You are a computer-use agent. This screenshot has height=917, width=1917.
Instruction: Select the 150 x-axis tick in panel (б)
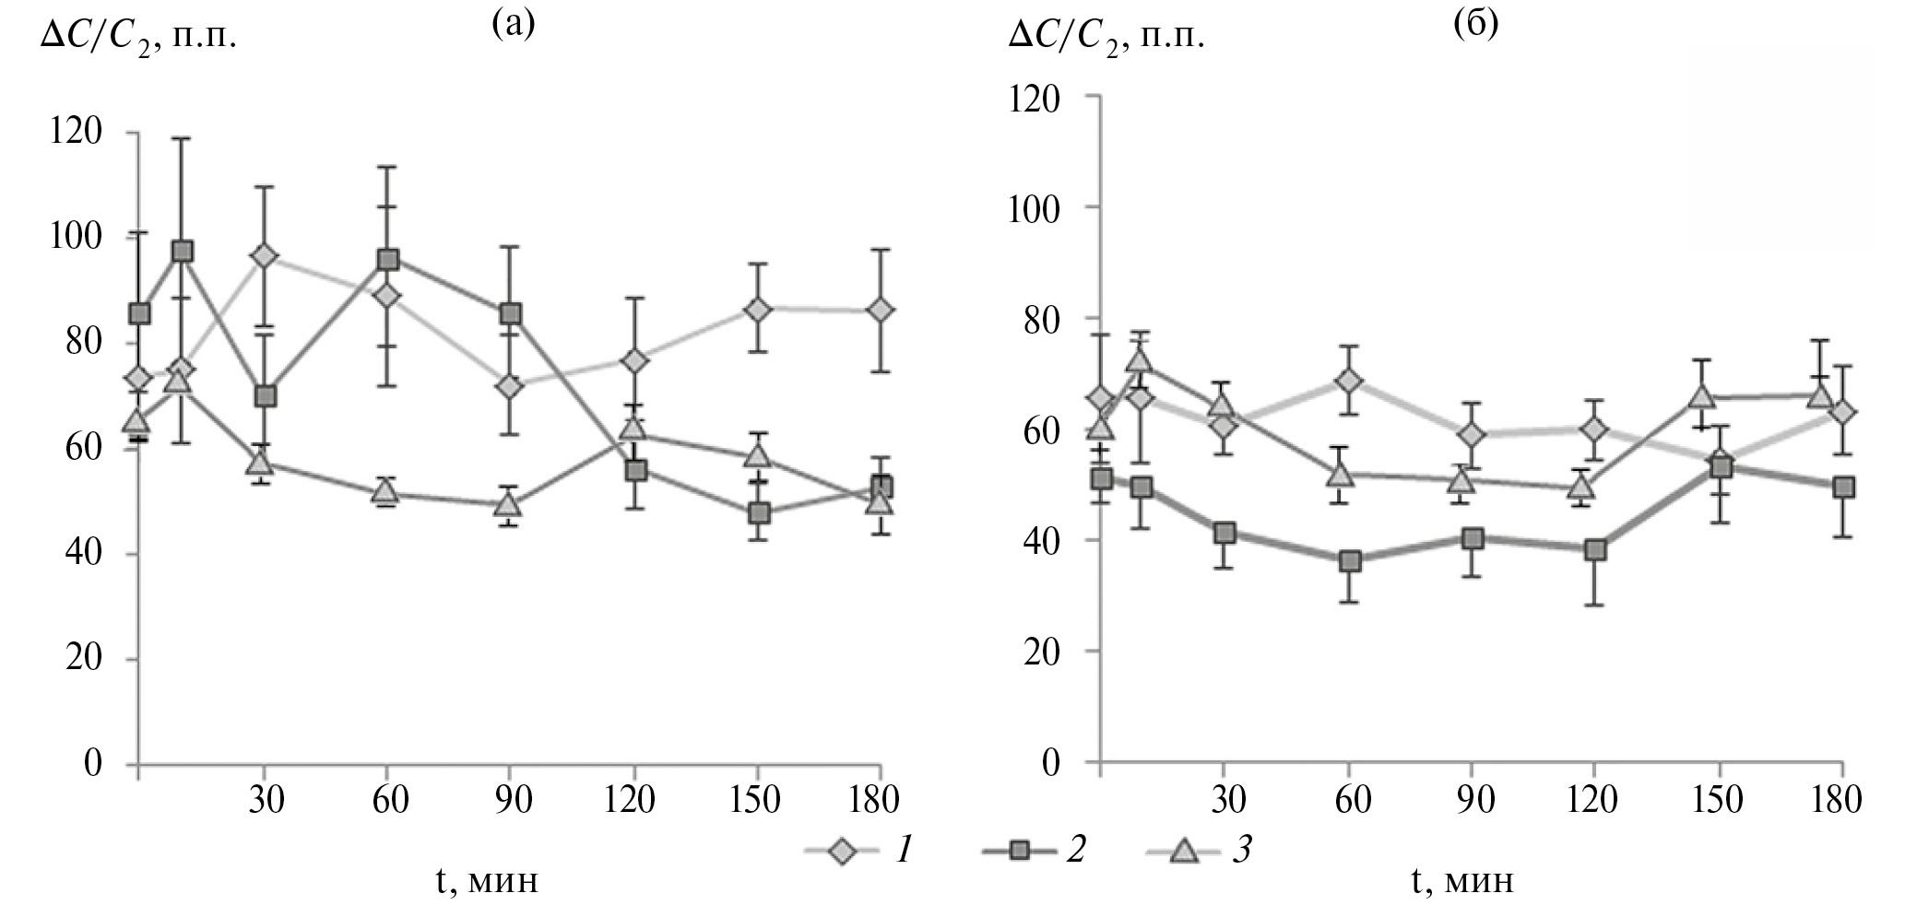[x=1719, y=798]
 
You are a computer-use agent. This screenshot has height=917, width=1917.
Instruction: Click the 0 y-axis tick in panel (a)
[x=92, y=763]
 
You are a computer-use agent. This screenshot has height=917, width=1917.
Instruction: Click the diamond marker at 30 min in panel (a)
[x=266, y=255]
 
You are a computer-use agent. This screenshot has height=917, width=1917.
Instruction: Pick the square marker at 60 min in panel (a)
[x=388, y=259]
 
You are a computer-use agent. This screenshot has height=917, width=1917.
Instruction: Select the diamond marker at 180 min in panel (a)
[x=881, y=310]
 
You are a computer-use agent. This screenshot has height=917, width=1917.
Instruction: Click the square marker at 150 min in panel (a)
[x=758, y=512]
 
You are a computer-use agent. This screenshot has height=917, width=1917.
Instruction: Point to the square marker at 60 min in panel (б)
[x=1350, y=560]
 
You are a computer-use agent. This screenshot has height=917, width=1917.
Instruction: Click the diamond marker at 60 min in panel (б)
[x=1350, y=381]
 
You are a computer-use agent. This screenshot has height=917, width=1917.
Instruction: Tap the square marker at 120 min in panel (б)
[x=1595, y=550]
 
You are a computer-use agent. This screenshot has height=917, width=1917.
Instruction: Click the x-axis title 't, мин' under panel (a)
[x=487, y=882]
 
